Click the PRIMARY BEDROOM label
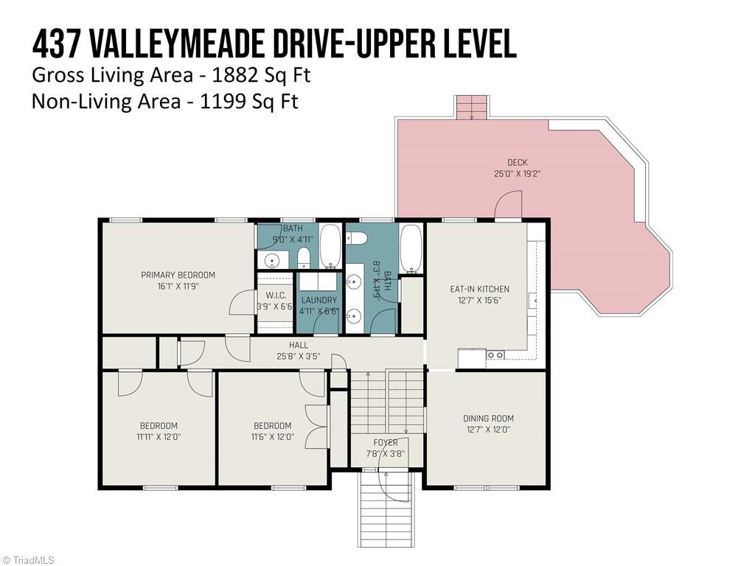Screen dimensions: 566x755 pyautogui.click(x=178, y=275)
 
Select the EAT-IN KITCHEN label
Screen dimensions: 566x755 pyautogui.click(x=479, y=289)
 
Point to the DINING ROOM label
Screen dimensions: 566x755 pyautogui.click(x=488, y=418)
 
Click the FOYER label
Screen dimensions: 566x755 pyautogui.click(x=386, y=442)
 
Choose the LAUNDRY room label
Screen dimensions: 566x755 pyautogui.click(x=319, y=300)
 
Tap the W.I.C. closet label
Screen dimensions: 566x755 pyautogui.click(x=275, y=295)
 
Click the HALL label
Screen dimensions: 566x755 pyautogui.click(x=299, y=345)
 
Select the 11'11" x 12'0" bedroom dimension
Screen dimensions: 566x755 pyautogui.click(x=159, y=436)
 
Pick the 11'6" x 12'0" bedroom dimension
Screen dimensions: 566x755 pyautogui.click(x=272, y=436)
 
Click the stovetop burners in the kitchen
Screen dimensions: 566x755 pyautogui.click(x=495, y=355)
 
